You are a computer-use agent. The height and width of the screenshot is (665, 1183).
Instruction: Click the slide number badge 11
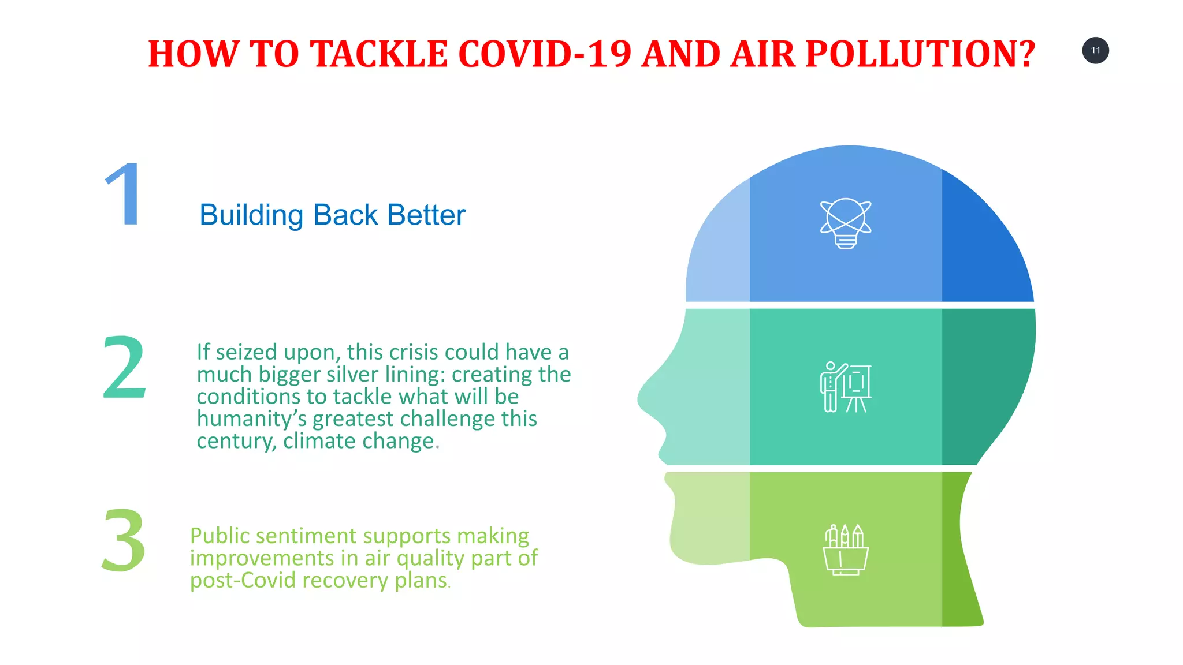coord(1095,50)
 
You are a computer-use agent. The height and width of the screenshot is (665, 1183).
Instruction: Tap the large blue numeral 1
coord(124,195)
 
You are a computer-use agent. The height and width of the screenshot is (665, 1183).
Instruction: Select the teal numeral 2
coord(124,367)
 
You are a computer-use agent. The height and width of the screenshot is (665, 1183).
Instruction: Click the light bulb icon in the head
coord(846,223)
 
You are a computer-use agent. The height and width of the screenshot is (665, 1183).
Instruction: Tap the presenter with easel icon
coord(846,387)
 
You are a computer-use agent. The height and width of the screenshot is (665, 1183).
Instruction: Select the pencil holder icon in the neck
coord(846,550)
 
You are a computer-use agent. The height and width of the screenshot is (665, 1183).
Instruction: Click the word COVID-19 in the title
coord(545,54)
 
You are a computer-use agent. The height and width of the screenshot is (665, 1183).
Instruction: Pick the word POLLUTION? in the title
coord(920,54)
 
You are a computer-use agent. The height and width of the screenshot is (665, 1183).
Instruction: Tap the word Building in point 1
coord(251,216)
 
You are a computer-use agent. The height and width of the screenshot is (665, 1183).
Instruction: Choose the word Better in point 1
coord(426,215)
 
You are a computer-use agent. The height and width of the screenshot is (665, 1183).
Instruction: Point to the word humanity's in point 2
coord(251,419)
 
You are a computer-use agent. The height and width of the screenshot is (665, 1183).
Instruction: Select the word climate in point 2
coord(320,441)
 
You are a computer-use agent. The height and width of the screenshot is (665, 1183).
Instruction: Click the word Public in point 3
coord(220,536)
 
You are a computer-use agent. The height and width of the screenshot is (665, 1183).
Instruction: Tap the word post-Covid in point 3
coord(243,580)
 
